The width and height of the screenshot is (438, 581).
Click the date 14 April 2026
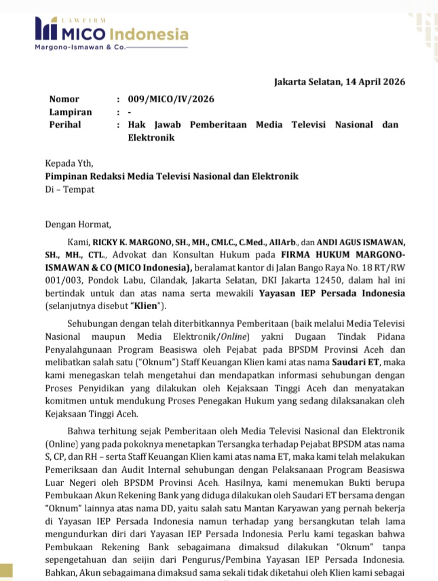click(x=371, y=82)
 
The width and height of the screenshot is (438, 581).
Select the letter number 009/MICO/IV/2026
click(x=171, y=99)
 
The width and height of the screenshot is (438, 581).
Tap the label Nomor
click(x=64, y=99)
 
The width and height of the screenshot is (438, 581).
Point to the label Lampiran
click(x=70, y=112)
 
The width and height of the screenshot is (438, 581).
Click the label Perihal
click(x=65, y=125)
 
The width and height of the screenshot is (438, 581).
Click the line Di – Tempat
click(x=70, y=190)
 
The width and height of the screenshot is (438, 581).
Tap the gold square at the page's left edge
click(x=6, y=571)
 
